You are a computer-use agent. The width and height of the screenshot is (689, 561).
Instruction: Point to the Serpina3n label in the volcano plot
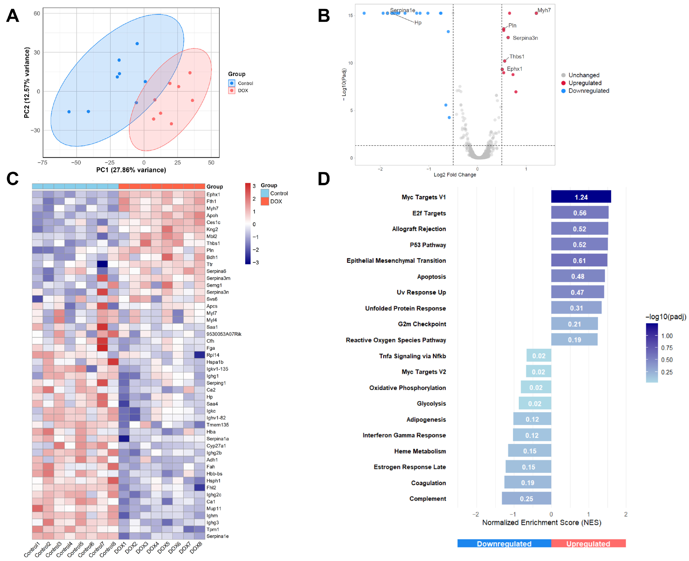(x=525, y=38)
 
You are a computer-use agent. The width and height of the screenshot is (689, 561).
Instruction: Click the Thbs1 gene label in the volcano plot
(x=517, y=57)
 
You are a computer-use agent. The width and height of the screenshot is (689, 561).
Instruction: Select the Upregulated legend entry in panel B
(x=584, y=83)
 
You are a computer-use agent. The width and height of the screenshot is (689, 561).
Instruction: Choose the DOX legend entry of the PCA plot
(x=243, y=91)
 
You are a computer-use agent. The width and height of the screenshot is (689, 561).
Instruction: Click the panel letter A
(x=13, y=16)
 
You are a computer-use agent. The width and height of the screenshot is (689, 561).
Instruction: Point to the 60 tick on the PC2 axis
(x=37, y=13)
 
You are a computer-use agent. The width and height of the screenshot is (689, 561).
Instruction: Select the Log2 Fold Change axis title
(x=454, y=175)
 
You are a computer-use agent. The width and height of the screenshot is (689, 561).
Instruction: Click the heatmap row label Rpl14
(x=213, y=355)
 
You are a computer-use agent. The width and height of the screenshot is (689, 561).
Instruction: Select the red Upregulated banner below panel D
(x=588, y=544)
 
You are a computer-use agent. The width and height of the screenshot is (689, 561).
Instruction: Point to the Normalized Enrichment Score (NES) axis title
(x=541, y=522)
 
